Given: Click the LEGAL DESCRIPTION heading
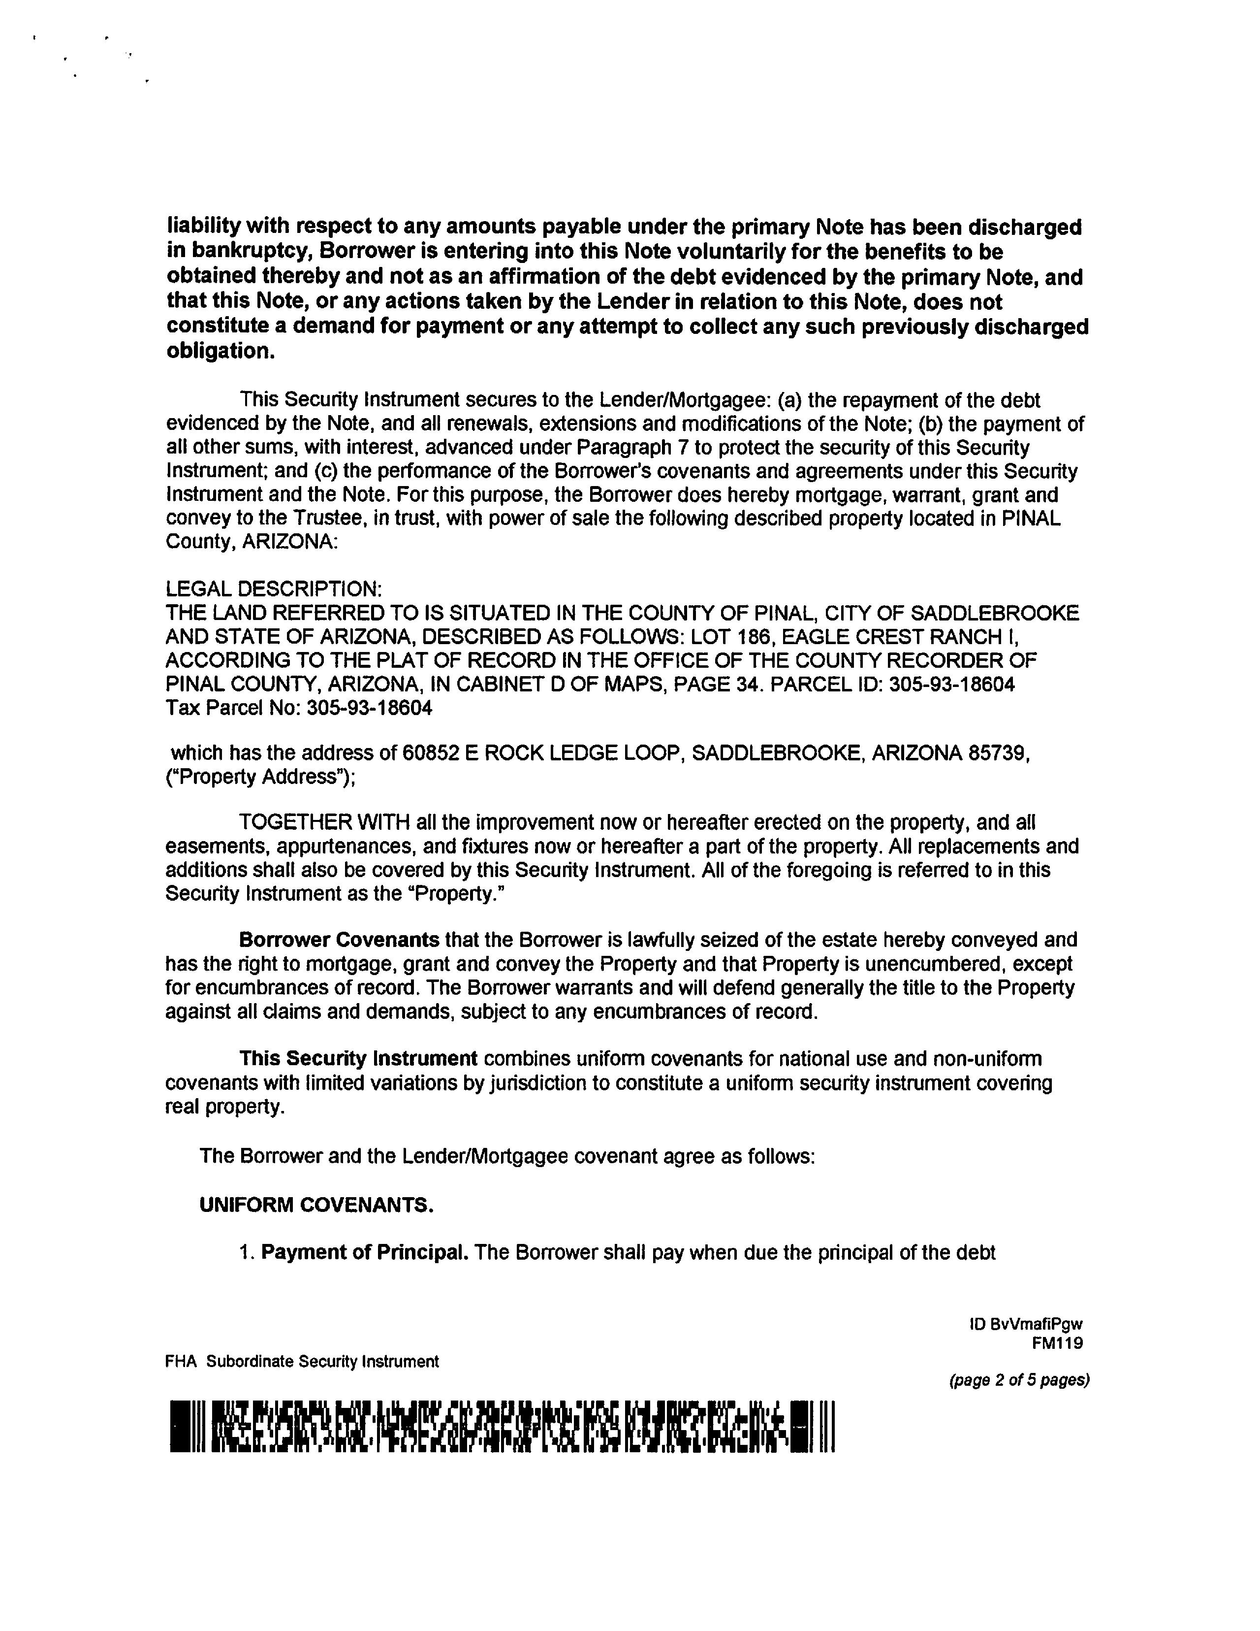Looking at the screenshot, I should coord(273,589).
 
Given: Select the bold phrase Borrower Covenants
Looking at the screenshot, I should coord(339,940).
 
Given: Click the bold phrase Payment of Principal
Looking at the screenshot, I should coord(364,1252).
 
